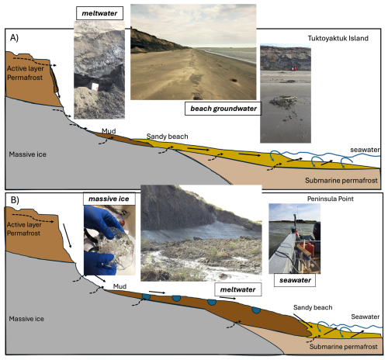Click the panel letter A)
pos(14,38)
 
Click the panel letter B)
pos(15,200)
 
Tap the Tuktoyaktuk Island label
pos(338,38)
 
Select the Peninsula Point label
pos(331,199)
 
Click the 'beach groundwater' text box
pos(223,109)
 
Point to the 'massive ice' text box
pos(109,199)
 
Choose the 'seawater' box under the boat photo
pos(295,280)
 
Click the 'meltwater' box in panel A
pos(99,13)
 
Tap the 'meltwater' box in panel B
pos(237,289)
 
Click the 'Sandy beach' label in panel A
pos(167,137)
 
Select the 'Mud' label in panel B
pos(120,286)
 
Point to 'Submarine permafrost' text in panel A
pos(341,181)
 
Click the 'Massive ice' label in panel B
pos(26,319)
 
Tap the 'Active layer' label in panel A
pos(26,68)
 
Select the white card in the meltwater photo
pos(95,87)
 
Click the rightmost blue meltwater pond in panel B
pos(256,310)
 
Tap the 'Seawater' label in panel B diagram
pos(365,317)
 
